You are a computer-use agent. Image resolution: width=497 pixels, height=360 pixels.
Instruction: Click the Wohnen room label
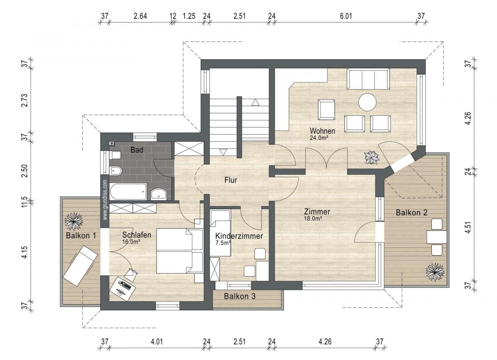point(322,131)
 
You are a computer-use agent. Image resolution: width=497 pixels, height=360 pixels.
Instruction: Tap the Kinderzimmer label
point(239,236)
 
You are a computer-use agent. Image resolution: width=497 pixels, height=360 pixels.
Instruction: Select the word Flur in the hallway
point(231,180)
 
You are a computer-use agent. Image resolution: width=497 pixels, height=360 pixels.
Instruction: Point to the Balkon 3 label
point(240,296)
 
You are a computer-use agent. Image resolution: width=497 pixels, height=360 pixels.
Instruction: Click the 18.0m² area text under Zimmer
point(313,219)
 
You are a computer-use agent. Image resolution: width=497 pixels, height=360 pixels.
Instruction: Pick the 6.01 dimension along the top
point(346,16)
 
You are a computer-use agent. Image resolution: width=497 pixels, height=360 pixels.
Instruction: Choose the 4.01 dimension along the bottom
point(157,342)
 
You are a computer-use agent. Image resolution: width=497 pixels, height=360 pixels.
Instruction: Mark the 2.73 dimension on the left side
point(24,100)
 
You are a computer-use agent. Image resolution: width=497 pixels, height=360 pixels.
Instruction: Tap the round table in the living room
point(367,102)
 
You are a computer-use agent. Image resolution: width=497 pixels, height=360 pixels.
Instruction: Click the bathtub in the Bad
point(128,191)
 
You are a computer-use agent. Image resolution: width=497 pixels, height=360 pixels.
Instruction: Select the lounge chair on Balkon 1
point(80,266)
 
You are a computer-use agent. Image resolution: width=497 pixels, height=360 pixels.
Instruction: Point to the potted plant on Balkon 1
point(74,222)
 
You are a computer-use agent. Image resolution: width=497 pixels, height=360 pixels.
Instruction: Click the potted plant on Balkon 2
point(435,272)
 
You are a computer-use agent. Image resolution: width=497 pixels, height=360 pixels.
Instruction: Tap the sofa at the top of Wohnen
point(368,79)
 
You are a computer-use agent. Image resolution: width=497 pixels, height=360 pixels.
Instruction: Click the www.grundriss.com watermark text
point(105,199)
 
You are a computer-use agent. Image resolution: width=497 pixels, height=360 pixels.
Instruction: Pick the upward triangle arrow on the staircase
point(256,102)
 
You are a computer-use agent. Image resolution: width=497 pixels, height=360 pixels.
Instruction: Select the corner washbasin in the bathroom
point(158,193)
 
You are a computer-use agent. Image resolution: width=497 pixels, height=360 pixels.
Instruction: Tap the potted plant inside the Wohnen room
point(372,157)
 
